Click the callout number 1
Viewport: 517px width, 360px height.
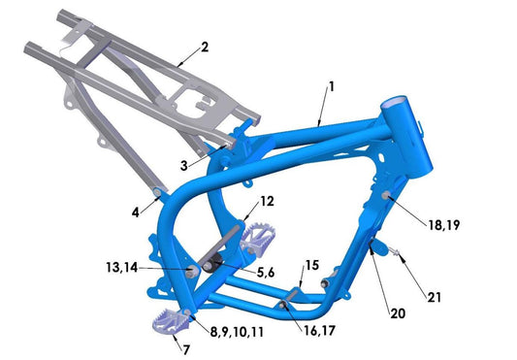click(x=331, y=86)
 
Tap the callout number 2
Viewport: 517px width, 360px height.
click(x=205, y=47)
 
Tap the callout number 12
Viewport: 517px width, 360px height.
click(x=267, y=201)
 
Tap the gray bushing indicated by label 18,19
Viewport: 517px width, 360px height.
click(x=387, y=198)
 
